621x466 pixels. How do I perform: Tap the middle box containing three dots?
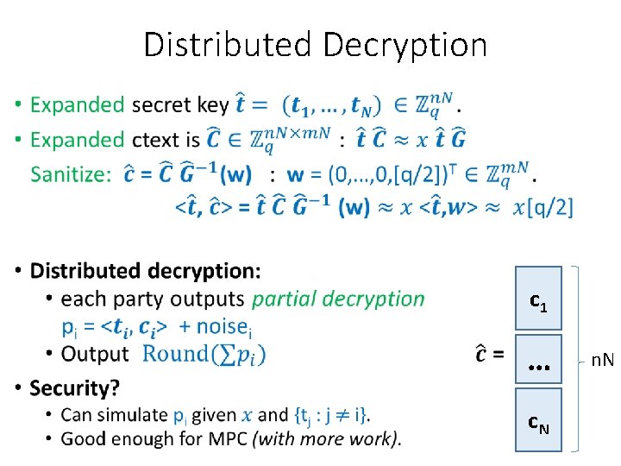coord(537,359)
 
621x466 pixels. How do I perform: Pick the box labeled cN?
coord(537,420)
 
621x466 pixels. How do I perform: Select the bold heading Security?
coord(75,387)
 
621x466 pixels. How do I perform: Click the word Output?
coord(95,354)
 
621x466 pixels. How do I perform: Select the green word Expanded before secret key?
coord(78,105)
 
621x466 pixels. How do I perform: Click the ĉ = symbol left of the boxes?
coord(490,354)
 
